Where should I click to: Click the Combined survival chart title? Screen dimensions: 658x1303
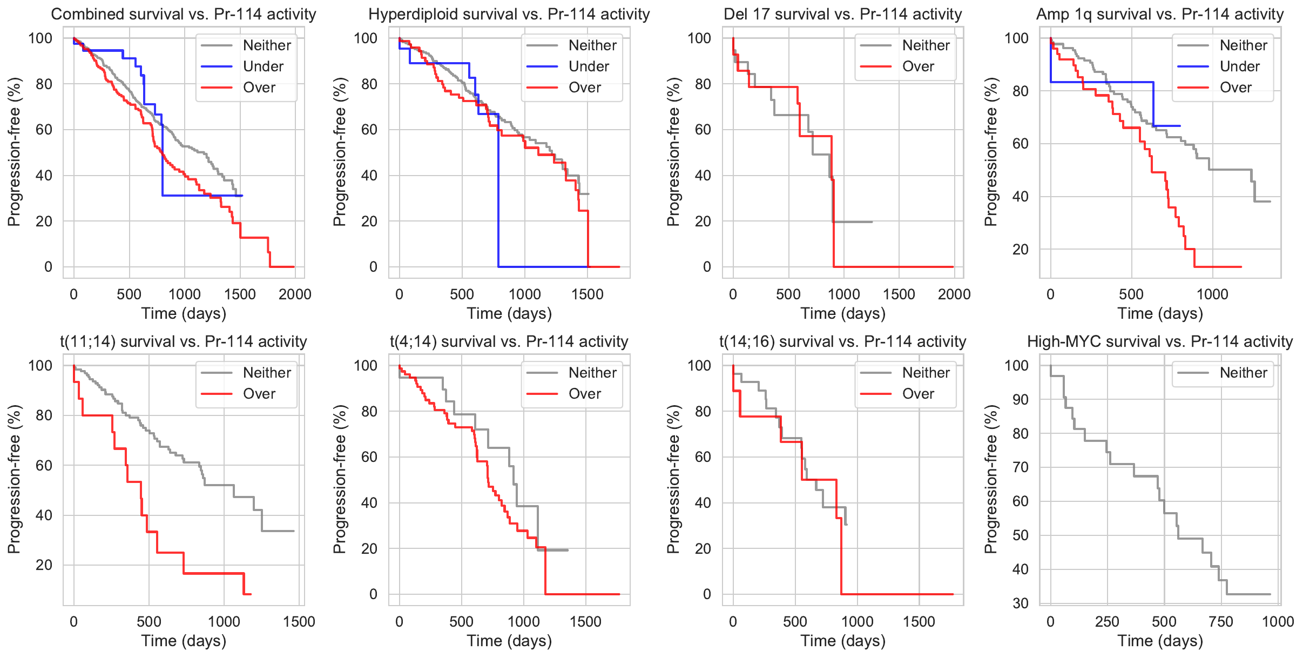(x=184, y=14)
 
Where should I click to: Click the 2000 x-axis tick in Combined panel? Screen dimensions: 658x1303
(x=295, y=294)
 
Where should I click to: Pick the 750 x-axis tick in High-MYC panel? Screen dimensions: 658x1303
(x=1221, y=622)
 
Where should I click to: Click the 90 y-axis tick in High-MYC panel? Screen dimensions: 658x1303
(x=1021, y=400)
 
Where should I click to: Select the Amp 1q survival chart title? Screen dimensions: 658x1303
(x=1160, y=14)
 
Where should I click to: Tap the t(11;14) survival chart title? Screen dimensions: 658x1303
(x=184, y=341)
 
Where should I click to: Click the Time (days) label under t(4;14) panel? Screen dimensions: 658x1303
(x=509, y=641)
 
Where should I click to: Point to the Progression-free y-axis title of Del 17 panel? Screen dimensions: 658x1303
(x=673, y=152)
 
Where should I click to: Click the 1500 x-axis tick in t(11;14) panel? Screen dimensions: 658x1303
(x=299, y=622)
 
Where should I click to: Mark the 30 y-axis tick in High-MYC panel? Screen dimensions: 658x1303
(x=1021, y=603)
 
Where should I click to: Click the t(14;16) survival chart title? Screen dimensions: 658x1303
(x=842, y=341)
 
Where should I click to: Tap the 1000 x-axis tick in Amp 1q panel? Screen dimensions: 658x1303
(x=1212, y=294)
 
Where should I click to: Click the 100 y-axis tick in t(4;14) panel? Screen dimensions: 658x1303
(x=365, y=366)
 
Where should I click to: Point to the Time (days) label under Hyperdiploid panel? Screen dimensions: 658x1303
(x=509, y=313)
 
